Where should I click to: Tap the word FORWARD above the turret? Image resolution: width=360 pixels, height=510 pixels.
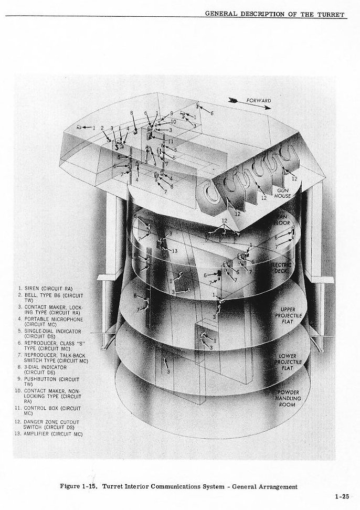tap(259, 100)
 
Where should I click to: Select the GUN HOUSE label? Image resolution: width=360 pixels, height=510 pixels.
tap(283, 193)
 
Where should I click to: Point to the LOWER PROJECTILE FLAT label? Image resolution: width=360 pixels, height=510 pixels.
tap(288, 362)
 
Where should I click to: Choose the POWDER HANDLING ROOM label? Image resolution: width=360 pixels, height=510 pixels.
tap(288, 398)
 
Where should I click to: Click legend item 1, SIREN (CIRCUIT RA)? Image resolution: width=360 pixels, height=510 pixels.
tap(47, 289)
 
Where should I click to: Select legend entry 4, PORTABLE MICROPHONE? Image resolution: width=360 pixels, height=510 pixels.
tap(50, 321)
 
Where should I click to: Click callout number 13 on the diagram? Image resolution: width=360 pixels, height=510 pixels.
tap(174, 251)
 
